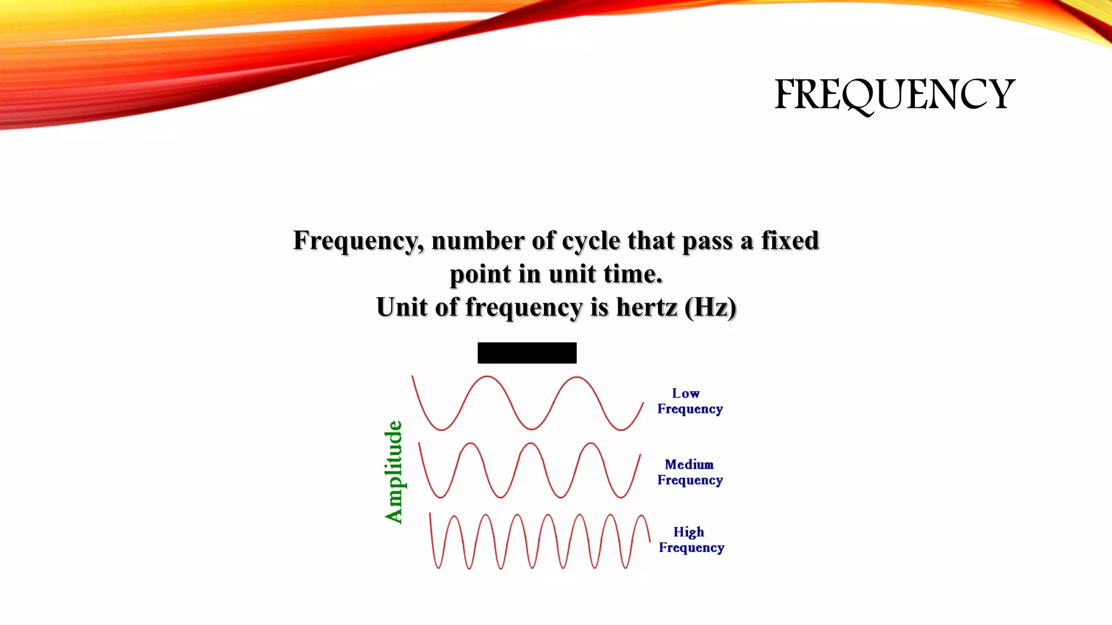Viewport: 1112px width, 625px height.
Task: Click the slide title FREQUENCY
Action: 894,94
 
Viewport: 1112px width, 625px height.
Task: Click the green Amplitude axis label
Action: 394,472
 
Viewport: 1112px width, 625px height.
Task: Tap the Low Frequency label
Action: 690,401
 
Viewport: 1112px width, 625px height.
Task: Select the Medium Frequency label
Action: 690,472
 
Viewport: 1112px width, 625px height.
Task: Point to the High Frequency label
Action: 691,539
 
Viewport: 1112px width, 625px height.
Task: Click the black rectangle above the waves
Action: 527,353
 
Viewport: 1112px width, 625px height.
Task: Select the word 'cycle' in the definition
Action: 591,241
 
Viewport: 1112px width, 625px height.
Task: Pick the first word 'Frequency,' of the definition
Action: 358,241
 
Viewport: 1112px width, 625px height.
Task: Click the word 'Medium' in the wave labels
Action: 689,464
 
